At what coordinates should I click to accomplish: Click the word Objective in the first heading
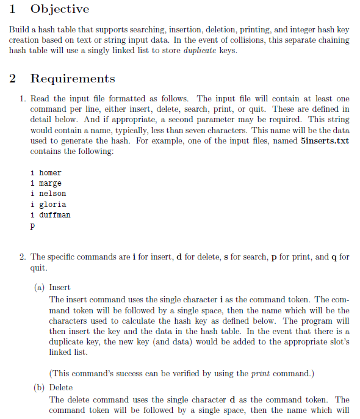pyautogui.click(x=59, y=9)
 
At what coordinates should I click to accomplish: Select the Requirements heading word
pyautogui.click(x=73, y=79)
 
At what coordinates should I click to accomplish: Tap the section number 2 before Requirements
pyautogui.click(x=13, y=79)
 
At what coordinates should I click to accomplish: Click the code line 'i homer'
pyautogui.click(x=46, y=173)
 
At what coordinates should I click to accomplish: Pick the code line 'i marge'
pyautogui.click(x=46, y=183)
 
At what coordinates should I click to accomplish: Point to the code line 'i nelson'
pyautogui.click(x=48, y=194)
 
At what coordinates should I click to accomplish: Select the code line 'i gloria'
pyautogui.click(x=48, y=204)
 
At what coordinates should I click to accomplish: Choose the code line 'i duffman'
pyautogui.click(x=50, y=214)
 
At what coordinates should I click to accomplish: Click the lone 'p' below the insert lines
pyautogui.click(x=32, y=226)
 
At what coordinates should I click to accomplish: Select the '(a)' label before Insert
pyautogui.click(x=40, y=287)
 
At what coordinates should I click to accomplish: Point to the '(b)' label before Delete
pyautogui.click(x=40, y=387)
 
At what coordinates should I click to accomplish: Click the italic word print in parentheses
pyautogui.click(x=259, y=373)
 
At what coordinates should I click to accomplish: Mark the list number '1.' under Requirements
pyautogui.click(x=22, y=98)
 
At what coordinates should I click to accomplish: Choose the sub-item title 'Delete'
pyautogui.click(x=61, y=387)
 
